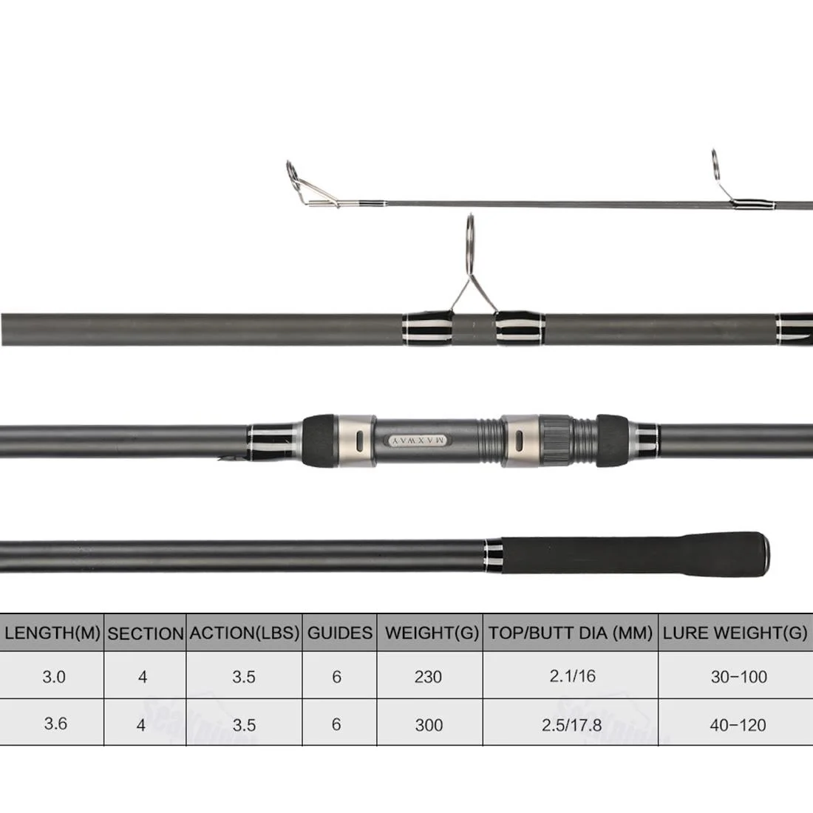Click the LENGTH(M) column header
pos(52,633)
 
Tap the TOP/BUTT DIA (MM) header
pos(571,633)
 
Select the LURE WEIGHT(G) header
pos(735,633)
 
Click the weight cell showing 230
pos(428,676)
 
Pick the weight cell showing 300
pos(429,725)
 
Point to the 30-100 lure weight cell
pos(739,676)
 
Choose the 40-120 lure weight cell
pos(738,725)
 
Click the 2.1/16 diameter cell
pos(572,676)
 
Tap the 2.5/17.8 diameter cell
pos(571,725)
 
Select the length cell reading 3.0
pos(54,676)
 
